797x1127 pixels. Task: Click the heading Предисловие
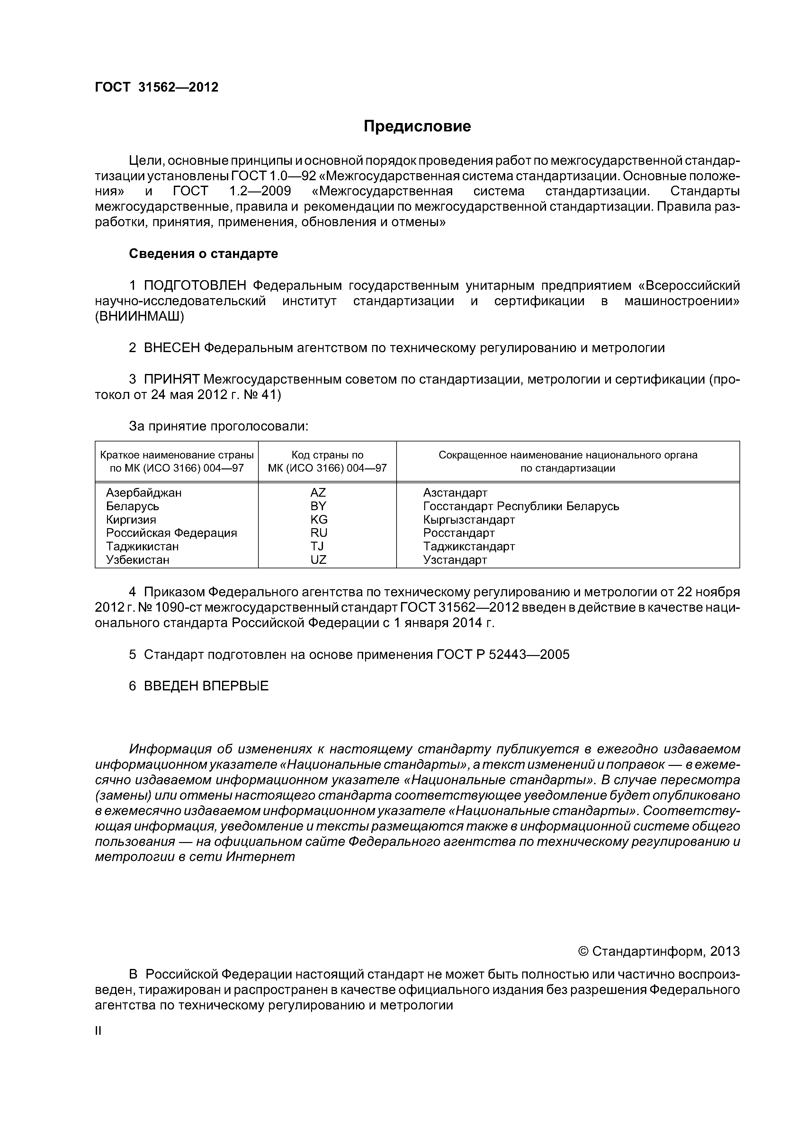pyautogui.click(x=417, y=127)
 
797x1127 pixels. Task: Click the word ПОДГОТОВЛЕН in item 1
pyautogui.click(x=196, y=286)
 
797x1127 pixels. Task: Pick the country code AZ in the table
pyautogui.click(x=318, y=492)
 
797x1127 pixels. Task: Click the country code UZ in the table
pyautogui.click(x=318, y=560)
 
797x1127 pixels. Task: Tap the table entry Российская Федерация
pyautogui.click(x=171, y=533)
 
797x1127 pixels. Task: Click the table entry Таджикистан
pyautogui.click(x=142, y=546)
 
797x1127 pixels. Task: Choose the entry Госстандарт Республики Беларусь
pyautogui.click(x=521, y=506)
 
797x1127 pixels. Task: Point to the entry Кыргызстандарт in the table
pyautogui.click(x=469, y=519)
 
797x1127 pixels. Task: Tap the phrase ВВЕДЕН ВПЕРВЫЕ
pyautogui.click(x=206, y=686)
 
